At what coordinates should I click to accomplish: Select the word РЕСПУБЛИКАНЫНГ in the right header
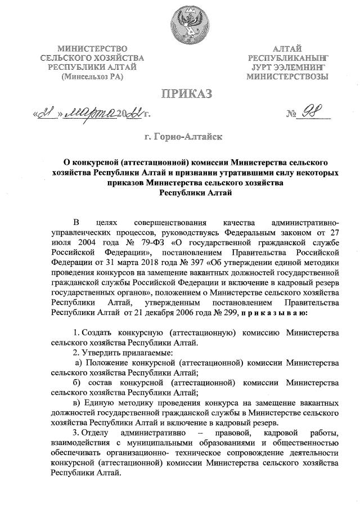288,58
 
